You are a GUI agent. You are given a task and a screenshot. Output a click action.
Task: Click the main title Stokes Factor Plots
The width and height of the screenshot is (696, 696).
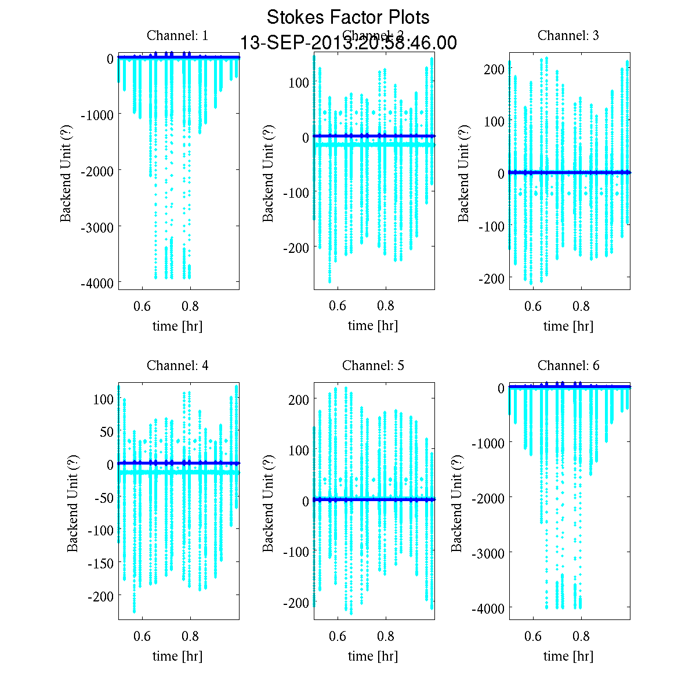pos(348,17)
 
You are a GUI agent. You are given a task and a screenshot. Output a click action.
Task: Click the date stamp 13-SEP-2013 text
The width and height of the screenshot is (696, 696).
pos(348,43)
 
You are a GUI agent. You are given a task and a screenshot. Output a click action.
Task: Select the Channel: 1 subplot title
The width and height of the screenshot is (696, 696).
pos(177,35)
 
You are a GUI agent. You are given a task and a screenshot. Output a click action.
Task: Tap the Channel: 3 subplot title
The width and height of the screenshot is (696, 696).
pos(568,35)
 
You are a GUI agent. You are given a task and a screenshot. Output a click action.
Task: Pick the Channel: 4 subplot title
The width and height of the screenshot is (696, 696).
pos(177,365)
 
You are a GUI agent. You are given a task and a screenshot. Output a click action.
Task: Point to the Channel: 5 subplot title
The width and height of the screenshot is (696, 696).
pos(373,365)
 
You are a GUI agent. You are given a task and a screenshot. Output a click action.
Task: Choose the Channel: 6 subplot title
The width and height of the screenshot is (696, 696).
pos(568,365)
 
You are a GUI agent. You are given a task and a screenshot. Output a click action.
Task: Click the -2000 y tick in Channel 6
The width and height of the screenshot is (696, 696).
pos(488,497)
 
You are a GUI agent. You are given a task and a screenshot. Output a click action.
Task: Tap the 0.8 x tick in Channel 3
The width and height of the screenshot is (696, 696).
pos(581,306)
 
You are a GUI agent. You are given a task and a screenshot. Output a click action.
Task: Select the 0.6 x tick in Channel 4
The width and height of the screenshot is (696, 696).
pos(142,636)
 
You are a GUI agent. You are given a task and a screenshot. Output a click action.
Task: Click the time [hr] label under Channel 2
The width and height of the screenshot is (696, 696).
pos(373,326)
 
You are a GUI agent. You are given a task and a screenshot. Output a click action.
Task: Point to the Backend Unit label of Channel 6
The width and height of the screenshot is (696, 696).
pos(457,503)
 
